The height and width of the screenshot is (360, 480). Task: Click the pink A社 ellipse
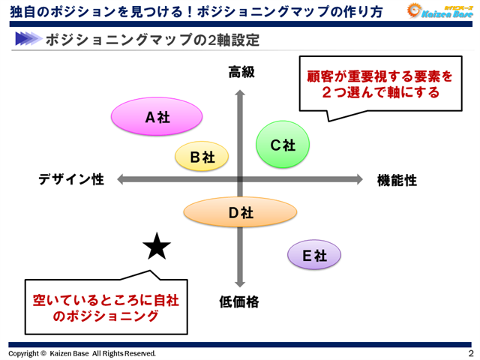(x=157, y=117)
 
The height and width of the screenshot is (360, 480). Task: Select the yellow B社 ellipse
(x=202, y=157)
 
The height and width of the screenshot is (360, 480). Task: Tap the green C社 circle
(x=283, y=145)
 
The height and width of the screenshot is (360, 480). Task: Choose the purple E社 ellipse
(x=314, y=256)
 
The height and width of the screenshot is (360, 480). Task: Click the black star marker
(x=157, y=246)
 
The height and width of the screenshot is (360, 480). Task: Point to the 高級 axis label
(x=241, y=72)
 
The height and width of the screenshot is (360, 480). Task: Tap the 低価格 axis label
(x=239, y=301)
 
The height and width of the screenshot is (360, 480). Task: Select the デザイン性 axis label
(x=71, y=180)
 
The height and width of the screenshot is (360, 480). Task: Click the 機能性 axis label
(x=397, y=180)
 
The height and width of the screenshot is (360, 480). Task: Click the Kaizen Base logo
(x=439, y=10)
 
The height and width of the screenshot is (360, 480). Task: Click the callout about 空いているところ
(x=105, y=307)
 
